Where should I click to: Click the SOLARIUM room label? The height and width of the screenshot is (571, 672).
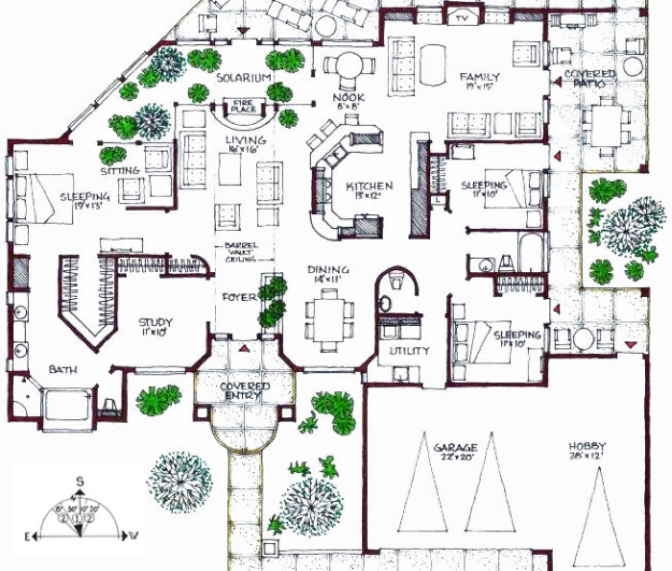(x=244, y=77)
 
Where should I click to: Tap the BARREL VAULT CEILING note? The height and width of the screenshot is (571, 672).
(x=241, y=252)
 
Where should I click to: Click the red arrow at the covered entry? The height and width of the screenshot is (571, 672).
(x=244, y=348)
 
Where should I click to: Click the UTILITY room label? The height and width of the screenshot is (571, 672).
(x=409, y=351)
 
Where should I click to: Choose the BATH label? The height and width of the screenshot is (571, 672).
(x=63, y=369)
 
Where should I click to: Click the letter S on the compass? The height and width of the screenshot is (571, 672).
(x=80, y=481)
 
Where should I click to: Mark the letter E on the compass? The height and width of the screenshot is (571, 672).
(x=26, y=536)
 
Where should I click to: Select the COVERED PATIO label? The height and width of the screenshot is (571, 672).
(x=590, y=79)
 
